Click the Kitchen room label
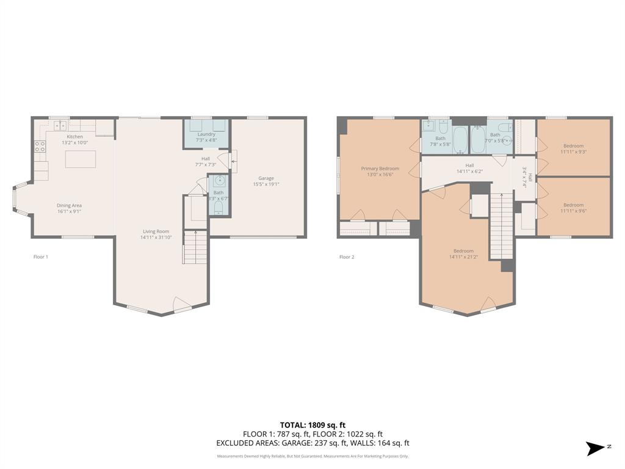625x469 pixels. pyautogui.click(x=75, y=136)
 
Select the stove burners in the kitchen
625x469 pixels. pyautogui.click(x=39, y=147)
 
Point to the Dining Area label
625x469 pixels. pyautogui.click(x=69, y=205)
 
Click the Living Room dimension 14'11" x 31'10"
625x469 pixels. pyautogui.click(x=156, y=238)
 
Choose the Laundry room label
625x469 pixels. pyautogui.click(x=206, y=134)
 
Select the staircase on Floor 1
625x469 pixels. pyautogui.click(x=195, y=247)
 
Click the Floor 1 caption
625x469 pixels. pyautogui.click(x=40, y=257)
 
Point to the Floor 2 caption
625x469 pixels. pyautogui.click(x=347, y=257)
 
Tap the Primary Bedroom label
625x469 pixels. pyautogui.click(x=380, y=169)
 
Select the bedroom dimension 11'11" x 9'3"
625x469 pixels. pyautogui.click(x=573, y=152)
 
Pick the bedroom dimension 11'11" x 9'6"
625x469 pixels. pyautogui.click(x=573, y=211)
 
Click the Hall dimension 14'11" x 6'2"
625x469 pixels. pyautogui.click(x=469, y=172)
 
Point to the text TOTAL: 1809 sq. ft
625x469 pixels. pyautogui.click(x=312, y=425)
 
